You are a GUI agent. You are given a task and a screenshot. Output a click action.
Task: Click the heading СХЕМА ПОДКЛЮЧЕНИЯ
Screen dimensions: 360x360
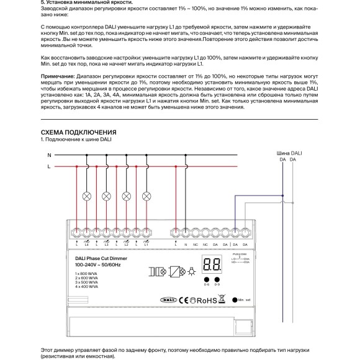click(x=78, y=132)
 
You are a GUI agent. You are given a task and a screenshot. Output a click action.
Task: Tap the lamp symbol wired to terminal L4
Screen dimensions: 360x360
click(x=87, y=196)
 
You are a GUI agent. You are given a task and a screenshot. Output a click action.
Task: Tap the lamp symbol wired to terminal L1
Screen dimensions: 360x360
click(x=147, y=196)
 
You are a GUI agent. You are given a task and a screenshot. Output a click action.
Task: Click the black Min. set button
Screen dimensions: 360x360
click(x=232, y=299)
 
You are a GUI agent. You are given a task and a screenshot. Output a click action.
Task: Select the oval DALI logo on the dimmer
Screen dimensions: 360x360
click(x=159, y=299)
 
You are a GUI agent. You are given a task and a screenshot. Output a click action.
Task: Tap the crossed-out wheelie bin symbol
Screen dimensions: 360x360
click(x=222, y=299)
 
